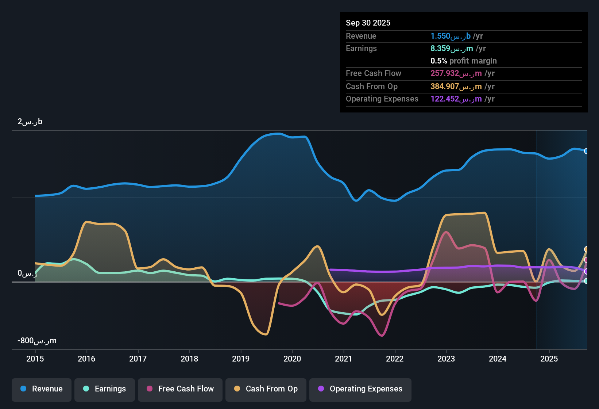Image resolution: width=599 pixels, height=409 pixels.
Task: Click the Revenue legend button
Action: click(42, 389)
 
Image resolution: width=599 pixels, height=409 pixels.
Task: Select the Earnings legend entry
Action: click(105, 389)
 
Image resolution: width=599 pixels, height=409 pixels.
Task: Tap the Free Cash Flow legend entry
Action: click(180, 389)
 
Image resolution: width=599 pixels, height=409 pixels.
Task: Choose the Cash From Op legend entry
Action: click(266, 389)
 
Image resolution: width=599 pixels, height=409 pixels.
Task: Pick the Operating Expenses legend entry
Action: click(360, 389)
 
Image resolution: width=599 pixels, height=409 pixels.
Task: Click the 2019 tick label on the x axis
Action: click(241, 359)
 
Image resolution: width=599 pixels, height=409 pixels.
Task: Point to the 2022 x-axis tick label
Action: click(395, 359)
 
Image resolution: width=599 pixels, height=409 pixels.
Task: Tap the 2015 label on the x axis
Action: click(35, 359)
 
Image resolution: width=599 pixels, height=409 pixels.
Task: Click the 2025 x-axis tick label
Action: click(549, 359)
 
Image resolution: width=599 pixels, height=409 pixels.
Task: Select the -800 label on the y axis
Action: click(37, 341)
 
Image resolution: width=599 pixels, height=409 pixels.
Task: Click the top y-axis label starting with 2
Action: click(30, 122)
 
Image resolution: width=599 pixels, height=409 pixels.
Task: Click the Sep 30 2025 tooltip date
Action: click(368, 23)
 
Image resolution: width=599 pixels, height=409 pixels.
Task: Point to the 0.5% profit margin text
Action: click(463, 61)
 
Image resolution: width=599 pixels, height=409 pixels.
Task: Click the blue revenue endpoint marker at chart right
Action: click(586, 151)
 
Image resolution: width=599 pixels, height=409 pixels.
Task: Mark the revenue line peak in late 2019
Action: click(278, 134)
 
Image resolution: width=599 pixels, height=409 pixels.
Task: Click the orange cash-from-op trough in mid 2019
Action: click(266, 334)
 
